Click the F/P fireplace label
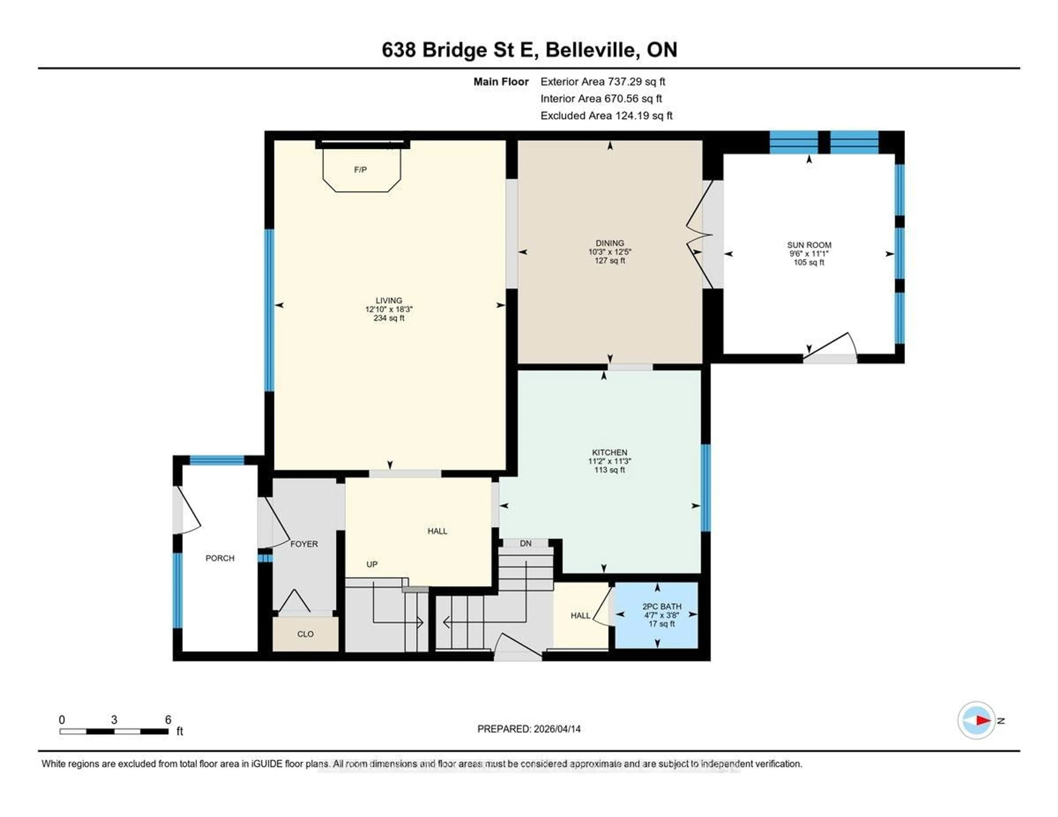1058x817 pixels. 360,169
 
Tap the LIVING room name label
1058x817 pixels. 388,300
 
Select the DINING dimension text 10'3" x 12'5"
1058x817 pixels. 609,252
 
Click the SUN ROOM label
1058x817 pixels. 809,245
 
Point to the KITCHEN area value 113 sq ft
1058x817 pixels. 609,470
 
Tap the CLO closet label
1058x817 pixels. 305,634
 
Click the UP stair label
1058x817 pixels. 372,564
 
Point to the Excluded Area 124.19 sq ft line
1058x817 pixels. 606,115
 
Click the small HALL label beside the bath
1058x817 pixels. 580,616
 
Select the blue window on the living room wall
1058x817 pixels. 269,310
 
